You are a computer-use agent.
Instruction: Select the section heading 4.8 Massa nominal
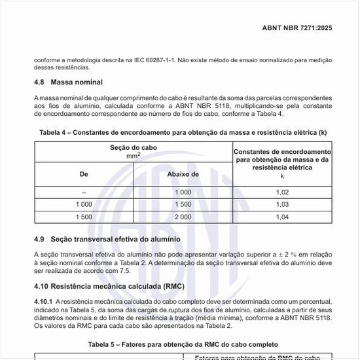click(69, 82)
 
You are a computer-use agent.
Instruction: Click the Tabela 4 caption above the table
click(183, 132)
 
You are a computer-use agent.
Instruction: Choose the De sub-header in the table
click(84, 175)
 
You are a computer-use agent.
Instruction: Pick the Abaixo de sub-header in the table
click(183, 175)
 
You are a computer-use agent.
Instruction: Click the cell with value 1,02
click(282, 192)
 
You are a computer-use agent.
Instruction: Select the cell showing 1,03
click(282, 205)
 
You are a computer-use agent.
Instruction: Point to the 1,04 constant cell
click(282, 217)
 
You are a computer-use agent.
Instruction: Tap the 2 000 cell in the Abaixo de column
click(183, 217)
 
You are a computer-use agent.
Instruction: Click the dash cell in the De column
click(84, 192)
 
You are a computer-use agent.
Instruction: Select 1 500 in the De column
click(84, 217)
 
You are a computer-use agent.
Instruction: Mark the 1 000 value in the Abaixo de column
click(183, 192)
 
